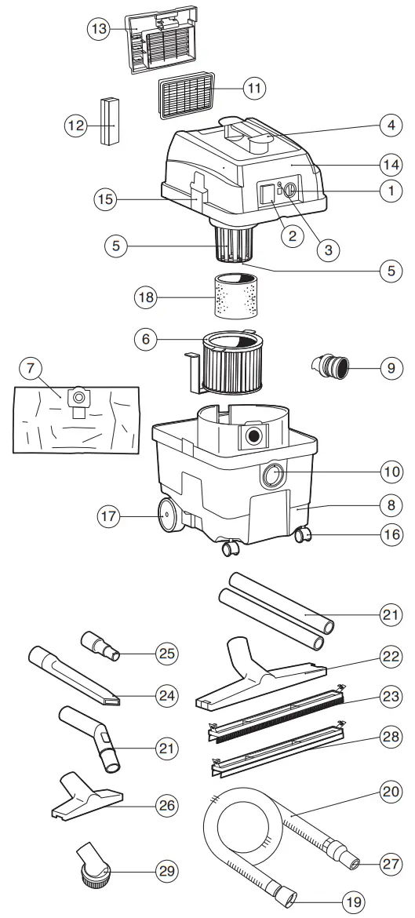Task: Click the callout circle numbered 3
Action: point(328,250)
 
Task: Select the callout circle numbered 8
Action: point(389,503)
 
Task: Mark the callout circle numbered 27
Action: point(389,863)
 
